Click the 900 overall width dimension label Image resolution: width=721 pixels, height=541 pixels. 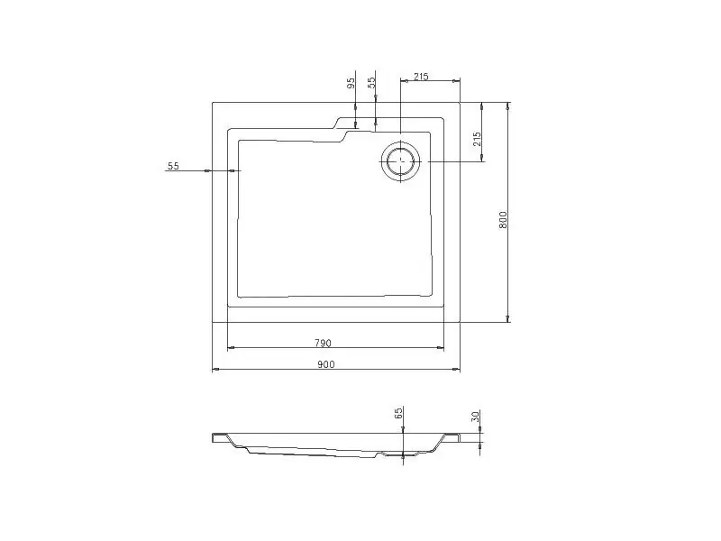[326, 364]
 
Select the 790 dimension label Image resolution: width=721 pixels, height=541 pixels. [323, 343]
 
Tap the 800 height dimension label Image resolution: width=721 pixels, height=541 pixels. [503, 220]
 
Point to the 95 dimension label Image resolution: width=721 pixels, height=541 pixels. [351, 83]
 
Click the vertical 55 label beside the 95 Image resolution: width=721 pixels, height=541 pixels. [371, 82]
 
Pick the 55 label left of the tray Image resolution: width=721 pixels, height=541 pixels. [173, 166]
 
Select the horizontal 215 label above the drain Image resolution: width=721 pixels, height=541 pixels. [421, 77]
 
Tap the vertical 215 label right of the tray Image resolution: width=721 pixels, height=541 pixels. [477, 139]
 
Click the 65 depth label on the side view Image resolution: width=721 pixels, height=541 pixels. [398, 413]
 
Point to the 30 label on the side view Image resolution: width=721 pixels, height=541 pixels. [476, 417]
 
